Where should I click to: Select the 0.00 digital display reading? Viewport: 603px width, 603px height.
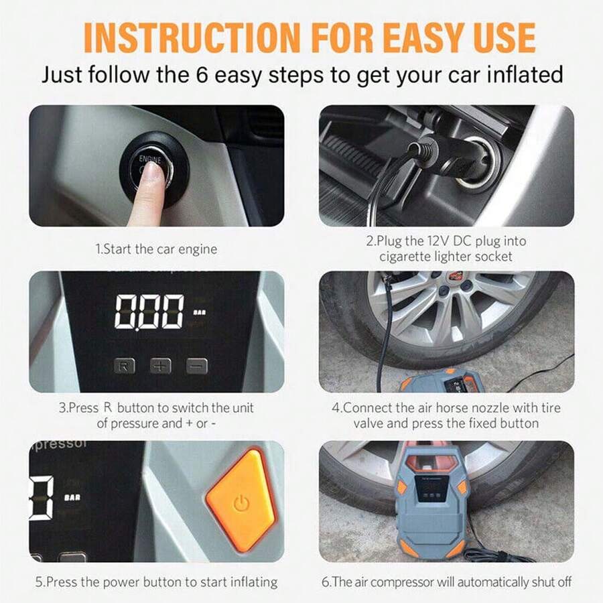click(x=149, y=312)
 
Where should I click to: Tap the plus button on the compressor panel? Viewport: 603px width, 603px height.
click(x=161, y=366)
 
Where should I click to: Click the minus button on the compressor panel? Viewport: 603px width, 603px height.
click(x=196, y=366)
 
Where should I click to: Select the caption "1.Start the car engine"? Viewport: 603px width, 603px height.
click(x=156, y=249)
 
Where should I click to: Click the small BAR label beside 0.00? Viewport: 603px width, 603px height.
click(x=200, y=312)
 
